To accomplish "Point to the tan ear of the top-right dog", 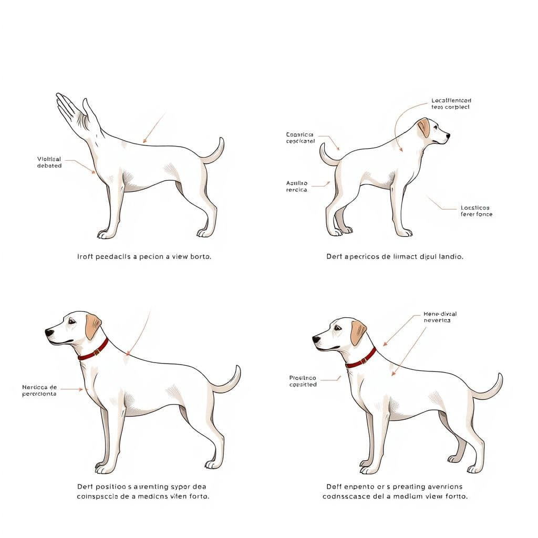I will pyautogui.click(x=423, y=127).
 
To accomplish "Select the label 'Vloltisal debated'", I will pyautogui.click(x=49, y=162).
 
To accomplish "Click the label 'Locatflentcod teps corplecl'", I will pyautogui.click(x=451, y=104).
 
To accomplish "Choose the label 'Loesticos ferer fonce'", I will pyautogui.click(x=477, y=211).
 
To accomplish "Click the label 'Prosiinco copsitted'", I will pyautogui.click(x=303, y=381).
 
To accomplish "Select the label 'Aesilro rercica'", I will pyautogui.click(x=297, y=187).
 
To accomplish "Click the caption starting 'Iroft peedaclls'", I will pyautogui.click(x=144, y=257).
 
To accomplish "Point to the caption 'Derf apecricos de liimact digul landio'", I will pyautogui.click(x=395, y=257).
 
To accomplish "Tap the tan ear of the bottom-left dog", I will pyautogui.click(x=93, y=326).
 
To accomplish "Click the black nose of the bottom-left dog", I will pyautogui.click(x=48, y=333).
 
